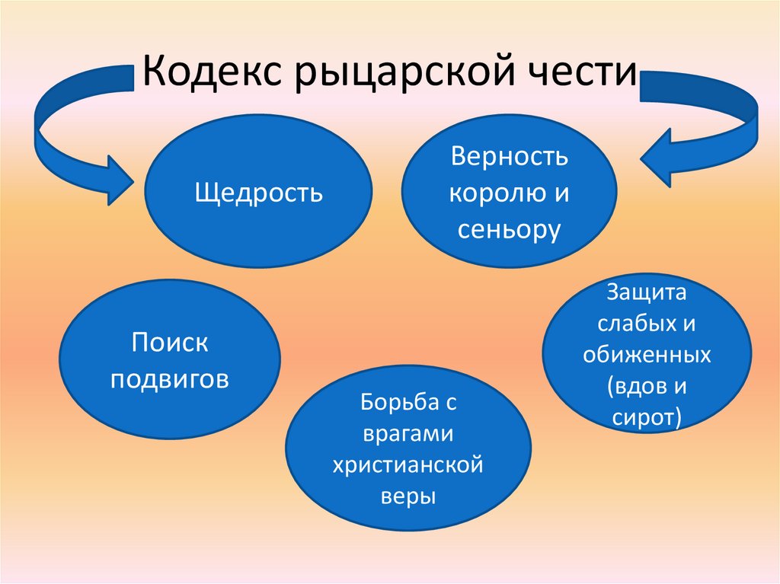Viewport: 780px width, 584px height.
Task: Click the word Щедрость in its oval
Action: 259,193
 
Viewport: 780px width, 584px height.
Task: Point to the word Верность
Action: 509,158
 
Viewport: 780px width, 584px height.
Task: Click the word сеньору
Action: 509,229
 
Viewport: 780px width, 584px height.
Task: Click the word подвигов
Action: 170,378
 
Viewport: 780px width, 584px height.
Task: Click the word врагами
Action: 408,433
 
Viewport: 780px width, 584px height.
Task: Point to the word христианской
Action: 408,464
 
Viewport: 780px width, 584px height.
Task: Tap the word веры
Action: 408,496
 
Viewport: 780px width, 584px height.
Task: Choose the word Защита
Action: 647,292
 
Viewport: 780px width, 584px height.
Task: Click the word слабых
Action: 625,324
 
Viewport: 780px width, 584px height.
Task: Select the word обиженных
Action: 647,355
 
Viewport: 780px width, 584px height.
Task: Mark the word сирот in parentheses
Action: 644,418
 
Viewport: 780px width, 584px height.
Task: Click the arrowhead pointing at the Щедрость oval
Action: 118,181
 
